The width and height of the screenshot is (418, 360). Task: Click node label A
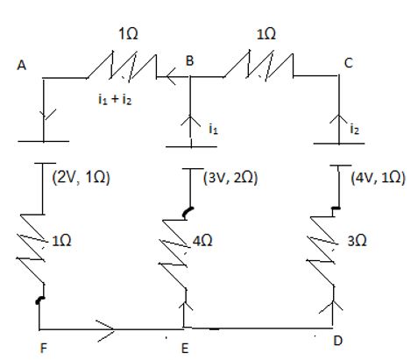tap(22, 65)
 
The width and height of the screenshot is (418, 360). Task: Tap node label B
tap(189, 61)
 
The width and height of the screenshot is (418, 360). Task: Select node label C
tap(349, 63)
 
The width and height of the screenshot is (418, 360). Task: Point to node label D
tap(337, 341)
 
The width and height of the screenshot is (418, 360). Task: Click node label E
tap(185, 349)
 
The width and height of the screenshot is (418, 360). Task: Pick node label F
tap(43, 349)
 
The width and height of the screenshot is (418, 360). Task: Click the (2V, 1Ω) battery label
tap(81, 178)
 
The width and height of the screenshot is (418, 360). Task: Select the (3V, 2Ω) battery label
tap(230, 178)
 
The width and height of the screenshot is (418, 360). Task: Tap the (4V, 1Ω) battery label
tap(379, 178)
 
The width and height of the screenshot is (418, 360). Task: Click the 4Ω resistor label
tap(202, 241)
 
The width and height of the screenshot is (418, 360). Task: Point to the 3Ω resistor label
tap(357, 241)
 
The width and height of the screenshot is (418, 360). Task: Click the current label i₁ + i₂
tap(115, 100)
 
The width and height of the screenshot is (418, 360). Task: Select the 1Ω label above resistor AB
tap(128, 34)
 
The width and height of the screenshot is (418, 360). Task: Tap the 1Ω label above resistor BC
tap(266, 34)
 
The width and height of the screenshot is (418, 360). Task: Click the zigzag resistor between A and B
tap(122, 66)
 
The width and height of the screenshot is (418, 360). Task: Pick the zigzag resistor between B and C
tap(259, 66)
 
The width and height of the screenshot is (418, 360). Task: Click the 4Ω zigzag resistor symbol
tap(174, 254)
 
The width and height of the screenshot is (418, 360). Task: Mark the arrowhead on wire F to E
tap(105, 330)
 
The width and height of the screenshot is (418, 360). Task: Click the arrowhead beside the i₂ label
tap(339, 119)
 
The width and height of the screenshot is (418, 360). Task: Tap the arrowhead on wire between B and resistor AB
tap(171, 76)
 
